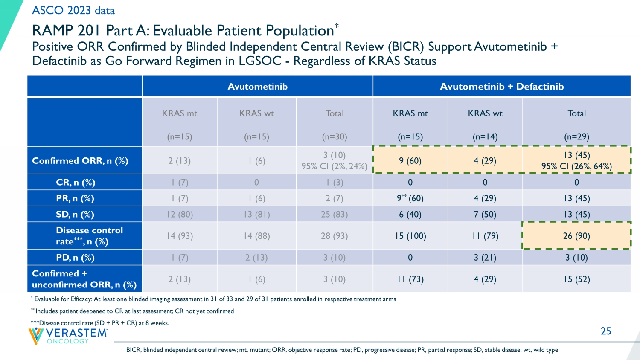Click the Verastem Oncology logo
pos(68,336)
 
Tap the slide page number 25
pos(606,331)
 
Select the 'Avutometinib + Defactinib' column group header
pos(502,87)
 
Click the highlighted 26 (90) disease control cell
pos(576,236)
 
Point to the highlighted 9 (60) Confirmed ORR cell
pos(410,161)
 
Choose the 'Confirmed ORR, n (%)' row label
pos(80,161)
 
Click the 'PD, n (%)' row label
pos(75,258)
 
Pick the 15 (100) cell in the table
pos(410,236)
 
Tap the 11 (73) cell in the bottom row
pos(410,279)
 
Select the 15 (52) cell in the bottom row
pos(576,279)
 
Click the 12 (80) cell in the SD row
pos(180,215)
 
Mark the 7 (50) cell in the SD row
pos(485,215)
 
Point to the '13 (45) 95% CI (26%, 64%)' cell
pos(576,161)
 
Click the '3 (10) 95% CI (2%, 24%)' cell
pos(334,161)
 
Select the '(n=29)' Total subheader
pos(576,137)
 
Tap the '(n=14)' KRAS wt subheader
pos(485,137)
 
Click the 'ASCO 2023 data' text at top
pos(73,10)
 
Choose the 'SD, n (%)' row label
pos(75,215)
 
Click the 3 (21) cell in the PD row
pos(485,258)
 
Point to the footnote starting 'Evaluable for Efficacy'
pos(215,299)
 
